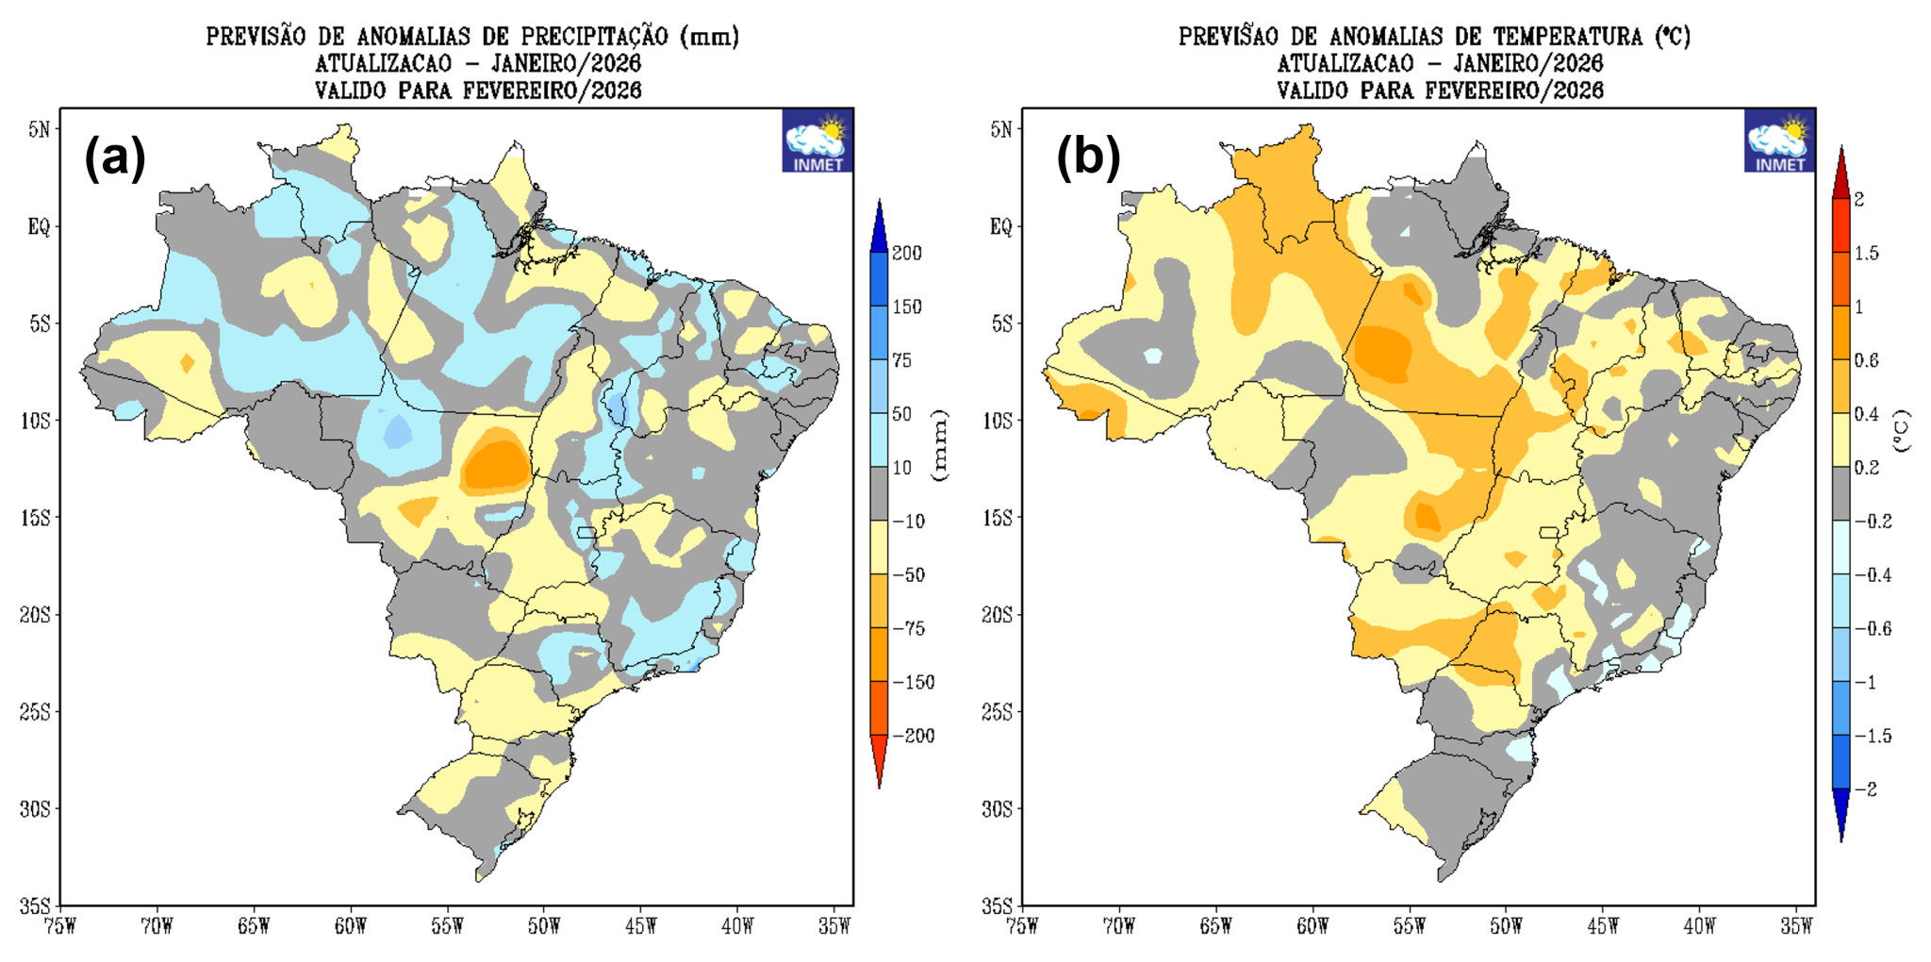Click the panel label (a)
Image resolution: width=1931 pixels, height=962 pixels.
[x=115, y=157]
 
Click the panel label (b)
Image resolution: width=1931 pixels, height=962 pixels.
[x=1087, y=157]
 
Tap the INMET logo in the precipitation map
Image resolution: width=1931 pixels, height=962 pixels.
[x=817, y=141]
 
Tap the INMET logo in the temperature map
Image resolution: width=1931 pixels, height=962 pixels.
[x=1779, y=141]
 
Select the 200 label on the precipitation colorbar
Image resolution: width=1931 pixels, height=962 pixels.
[x=906, y=253]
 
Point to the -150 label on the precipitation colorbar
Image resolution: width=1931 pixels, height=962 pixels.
[x=912, y=682]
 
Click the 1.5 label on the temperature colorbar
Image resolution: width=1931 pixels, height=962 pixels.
[x=1866, y=253]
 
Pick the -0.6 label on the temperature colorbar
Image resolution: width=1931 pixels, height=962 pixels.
[x=1872, y=628]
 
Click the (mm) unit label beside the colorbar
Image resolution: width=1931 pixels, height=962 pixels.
[x=939, y=445]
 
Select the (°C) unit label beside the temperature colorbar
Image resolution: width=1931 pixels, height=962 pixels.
[x=1902, y=431]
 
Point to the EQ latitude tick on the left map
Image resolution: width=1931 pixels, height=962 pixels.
[x=39, y=226]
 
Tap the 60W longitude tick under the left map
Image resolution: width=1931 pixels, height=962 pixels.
[x=350, y=926]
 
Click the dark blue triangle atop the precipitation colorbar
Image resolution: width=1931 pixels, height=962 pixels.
[x=879, y=224]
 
